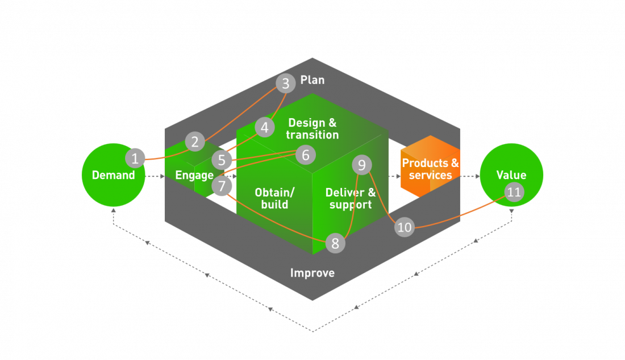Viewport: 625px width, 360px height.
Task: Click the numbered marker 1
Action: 135,157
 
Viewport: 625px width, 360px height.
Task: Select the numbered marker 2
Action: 195,141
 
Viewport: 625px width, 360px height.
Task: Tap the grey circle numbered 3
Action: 286,84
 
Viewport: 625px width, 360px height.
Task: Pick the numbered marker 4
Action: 264,128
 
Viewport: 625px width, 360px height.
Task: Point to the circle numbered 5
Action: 222,160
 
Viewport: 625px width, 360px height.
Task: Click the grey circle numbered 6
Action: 305,154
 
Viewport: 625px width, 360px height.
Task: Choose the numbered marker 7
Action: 222,185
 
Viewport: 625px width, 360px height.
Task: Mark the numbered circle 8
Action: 335,244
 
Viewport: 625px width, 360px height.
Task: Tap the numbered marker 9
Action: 361,165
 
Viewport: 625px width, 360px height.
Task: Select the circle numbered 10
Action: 404,228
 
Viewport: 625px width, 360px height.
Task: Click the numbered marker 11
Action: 514,192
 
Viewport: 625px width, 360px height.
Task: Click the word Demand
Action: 114,175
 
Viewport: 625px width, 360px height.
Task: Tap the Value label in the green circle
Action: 511,175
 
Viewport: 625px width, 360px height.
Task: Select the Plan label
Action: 312,80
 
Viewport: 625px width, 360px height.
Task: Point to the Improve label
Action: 312,273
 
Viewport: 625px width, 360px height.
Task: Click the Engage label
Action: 194,175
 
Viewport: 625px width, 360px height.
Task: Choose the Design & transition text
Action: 312,129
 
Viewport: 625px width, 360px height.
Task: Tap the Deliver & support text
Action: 351,198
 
